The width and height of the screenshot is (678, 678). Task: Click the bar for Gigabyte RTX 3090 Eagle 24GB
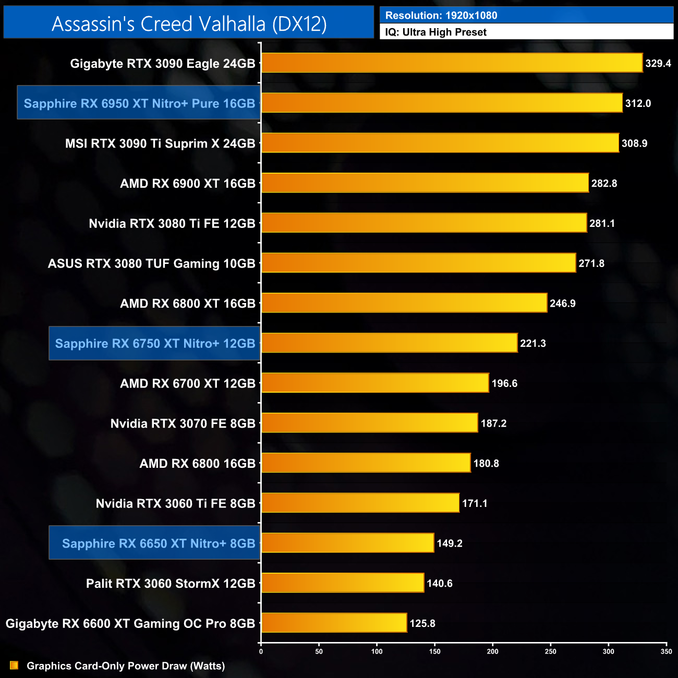click(452, 63)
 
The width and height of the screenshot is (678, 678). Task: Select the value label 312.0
click(638, 103)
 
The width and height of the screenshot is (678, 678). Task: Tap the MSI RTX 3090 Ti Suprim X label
click(160, 143)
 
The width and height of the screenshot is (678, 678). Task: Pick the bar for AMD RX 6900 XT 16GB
click(425, 183)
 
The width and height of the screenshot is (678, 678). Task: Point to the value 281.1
click(602, 223)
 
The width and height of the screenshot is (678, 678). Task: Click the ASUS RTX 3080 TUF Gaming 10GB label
click(151, 263)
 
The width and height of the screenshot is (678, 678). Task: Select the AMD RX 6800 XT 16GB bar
click(404, 303)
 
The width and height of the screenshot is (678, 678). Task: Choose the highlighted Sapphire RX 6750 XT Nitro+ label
click(155, 343)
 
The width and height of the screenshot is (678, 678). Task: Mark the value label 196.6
click(504, 383)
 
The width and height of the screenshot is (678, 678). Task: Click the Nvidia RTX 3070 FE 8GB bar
click(369, 423)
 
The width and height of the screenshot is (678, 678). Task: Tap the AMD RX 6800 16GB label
click(197, 463)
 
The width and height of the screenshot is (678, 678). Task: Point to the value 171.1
click(475, 503)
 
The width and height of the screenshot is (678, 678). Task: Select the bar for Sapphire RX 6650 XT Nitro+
click(347, 543)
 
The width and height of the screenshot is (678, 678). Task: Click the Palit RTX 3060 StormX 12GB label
click(171, 583)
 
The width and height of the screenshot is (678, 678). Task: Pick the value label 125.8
click(422, 623)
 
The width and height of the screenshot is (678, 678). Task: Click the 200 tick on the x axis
click(493, 651)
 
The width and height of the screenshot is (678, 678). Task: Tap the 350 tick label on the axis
click(667, 651)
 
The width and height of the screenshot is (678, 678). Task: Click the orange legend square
click(14, 665)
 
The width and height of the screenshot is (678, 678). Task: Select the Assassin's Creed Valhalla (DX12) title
click(189, 23)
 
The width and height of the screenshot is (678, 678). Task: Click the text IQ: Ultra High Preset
click(435, 32)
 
